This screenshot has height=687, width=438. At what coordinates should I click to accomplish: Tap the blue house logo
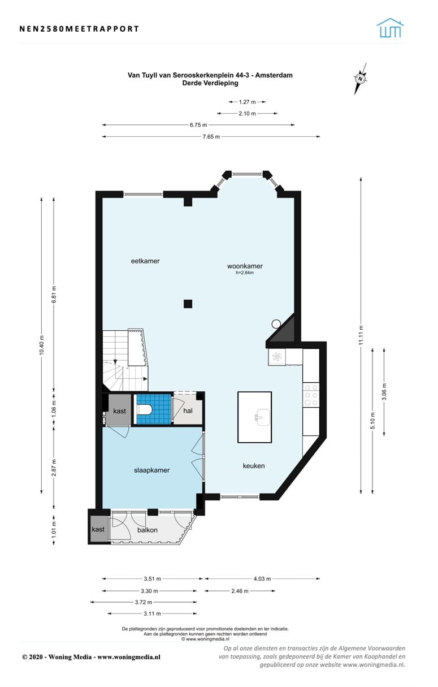tap(390, 28)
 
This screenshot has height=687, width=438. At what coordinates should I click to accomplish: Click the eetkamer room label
tap(145, 261)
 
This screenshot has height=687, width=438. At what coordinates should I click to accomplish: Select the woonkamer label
tap(245, 266)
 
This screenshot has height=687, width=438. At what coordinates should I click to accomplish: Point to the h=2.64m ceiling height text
tap(245, 273)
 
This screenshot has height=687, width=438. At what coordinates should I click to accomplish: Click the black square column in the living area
tap(188, 304)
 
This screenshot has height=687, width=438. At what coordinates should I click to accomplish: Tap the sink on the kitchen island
tap(263, 417)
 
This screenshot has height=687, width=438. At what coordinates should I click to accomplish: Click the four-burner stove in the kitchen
tap(311, 395)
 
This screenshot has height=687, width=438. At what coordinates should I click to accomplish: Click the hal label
tap(188, 411)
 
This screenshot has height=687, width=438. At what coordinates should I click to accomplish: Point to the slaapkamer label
tap(151, 470)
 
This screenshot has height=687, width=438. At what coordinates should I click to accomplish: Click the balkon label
tap(148, 530)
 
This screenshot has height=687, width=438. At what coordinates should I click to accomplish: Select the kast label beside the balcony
tap(98, 529)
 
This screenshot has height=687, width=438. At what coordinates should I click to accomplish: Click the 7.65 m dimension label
tap(211, 136)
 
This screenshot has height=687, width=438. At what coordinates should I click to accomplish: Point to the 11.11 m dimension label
tap(361, 335)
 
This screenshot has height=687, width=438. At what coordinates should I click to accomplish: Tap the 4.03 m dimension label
tap(262, 579)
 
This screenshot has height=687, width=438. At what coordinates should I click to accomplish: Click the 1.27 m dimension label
tap(247, 102)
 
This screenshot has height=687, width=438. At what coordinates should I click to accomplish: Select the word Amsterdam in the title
tap(274, 75)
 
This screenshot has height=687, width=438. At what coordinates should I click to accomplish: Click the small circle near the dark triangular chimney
tap(276, 323)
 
